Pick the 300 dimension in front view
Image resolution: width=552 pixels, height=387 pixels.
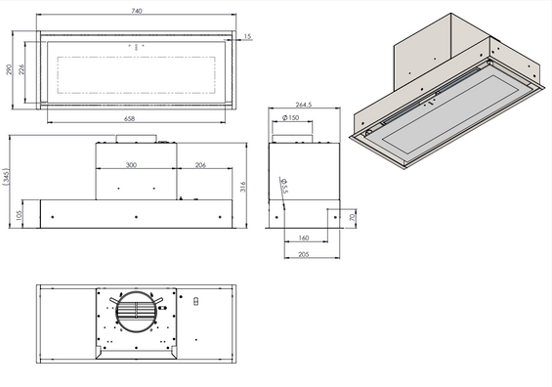(130, 165)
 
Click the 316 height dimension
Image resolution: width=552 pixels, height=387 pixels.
(242, 186)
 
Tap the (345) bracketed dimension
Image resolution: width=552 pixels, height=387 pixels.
(7, 178)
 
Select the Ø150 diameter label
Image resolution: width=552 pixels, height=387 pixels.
(289, 118)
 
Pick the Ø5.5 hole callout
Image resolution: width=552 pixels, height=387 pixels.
(284, 186)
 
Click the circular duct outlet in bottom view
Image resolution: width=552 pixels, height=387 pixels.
(136, 313)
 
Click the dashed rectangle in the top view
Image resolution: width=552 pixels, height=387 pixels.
(136, 71)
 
